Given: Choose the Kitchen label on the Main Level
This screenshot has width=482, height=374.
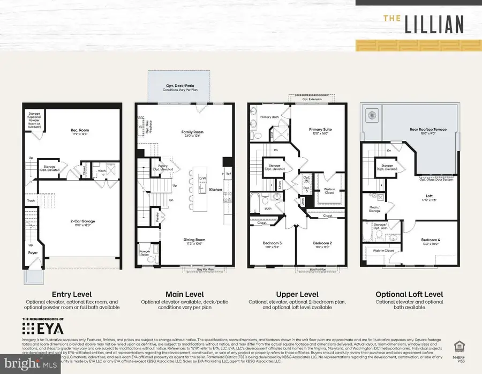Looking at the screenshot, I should pyautogui.click(x=216, y=190).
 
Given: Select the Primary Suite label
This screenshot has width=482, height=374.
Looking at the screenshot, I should pyautogui.click(x=319, y=130).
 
